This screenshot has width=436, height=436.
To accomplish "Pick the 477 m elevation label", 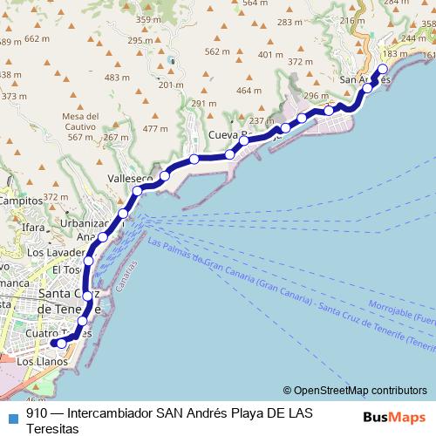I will pyautogui.click(x=154, y=129).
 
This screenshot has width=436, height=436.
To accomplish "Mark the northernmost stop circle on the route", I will pyautogui.click(x=383, y=69).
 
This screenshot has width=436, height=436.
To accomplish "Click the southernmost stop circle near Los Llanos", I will pyautogui.click(x=61, y=344).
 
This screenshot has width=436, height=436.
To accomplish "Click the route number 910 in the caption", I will pyautogui.click(x=37, y=412).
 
